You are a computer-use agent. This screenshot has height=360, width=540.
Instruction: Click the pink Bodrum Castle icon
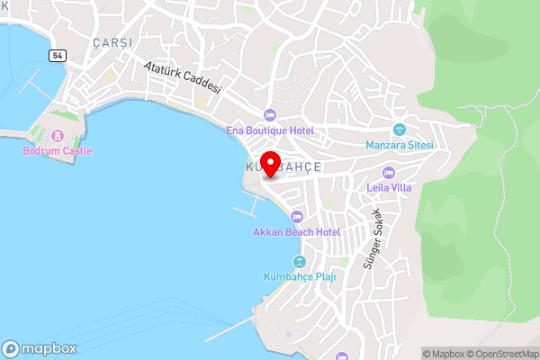pyautogui.click(x=55, y=136)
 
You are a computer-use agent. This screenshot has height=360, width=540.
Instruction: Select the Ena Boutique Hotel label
pyautogui.click(x=269, y=130)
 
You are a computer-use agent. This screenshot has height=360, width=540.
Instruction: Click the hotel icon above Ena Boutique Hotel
pyautogui.click(x=268, y=114)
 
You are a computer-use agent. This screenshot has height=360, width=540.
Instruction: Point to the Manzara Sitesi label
pyautogui.click(x=400, y=145)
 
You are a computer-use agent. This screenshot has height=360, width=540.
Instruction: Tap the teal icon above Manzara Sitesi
pyautogui.click(x=400, y=129)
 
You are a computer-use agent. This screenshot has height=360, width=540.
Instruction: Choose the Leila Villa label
pyautogui.click(x=389, y=188)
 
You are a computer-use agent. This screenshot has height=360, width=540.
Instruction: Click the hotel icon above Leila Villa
pyautogui.click(x=389, y=172)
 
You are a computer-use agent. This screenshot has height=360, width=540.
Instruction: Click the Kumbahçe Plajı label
pyautogui.click(x=300, y=276)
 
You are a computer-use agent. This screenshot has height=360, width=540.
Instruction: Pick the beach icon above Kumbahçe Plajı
pyautogui.click(x=299, y=261)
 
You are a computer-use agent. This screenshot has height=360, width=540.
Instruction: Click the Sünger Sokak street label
pyautogui.click(x=372, y=238)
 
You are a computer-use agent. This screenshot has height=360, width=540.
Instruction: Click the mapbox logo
pyautogui.click(x=39, y=348)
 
